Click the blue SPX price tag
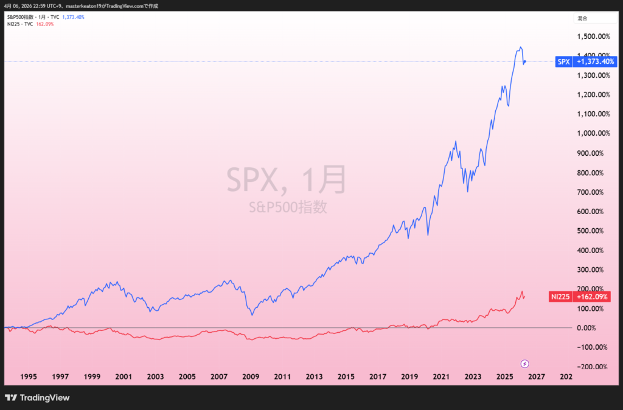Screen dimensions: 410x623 tap(563, 61)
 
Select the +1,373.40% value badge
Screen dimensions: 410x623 tap(596, 61)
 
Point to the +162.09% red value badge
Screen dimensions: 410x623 tap(594, 296)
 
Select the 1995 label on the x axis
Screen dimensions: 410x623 tap(28, 377)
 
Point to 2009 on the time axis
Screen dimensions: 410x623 tap(251, 377)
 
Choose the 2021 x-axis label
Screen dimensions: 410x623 tap(441, 377)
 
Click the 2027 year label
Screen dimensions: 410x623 tap(536, 377)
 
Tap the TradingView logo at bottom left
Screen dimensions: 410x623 tap(37, 398)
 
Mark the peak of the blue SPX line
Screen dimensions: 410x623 tap(520, 47)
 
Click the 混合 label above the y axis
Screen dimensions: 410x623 tap(582, 18)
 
